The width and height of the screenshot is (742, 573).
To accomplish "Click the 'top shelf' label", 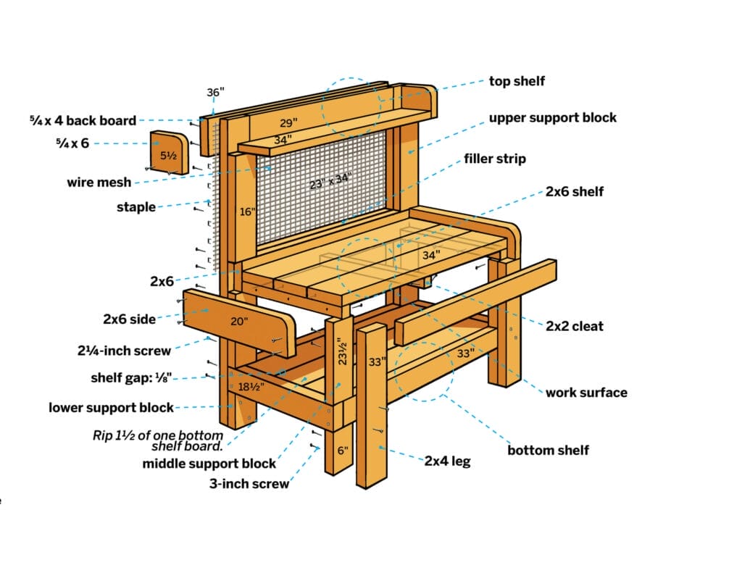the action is [517, 81].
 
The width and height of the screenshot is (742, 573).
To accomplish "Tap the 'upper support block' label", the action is [553, 118].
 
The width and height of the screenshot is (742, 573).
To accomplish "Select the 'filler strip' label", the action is [494, 159].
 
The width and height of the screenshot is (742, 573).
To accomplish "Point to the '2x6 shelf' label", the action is [575, 192].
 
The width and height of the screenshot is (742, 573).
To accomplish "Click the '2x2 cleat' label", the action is [575, 326].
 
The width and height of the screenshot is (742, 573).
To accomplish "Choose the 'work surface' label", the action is [586, 392].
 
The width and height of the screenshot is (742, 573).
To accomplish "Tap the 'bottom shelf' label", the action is [548, 450].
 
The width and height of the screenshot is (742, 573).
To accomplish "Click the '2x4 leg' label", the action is [447, 461].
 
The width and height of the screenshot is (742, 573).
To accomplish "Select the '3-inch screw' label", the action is [249, 484].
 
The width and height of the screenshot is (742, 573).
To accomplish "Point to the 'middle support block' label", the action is [209, 464].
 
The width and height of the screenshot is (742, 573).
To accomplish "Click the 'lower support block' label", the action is [111, 408].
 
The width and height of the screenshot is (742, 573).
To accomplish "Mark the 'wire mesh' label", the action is [99, 182].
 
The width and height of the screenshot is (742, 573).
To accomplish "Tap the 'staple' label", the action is [136, 207].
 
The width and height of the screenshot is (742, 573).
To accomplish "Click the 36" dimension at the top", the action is [215, 92].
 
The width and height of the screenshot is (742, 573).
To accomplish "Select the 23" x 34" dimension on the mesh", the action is [330, 181].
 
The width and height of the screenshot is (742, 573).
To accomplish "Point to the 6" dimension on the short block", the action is [343, 450].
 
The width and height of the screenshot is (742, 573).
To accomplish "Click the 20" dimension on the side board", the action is [239, 322].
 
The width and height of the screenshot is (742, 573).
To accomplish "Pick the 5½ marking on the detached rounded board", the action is [168, 155].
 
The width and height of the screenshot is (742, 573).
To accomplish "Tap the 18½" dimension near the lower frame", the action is [251, 387].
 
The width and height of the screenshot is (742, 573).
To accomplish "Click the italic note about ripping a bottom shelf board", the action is [158, 440].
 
